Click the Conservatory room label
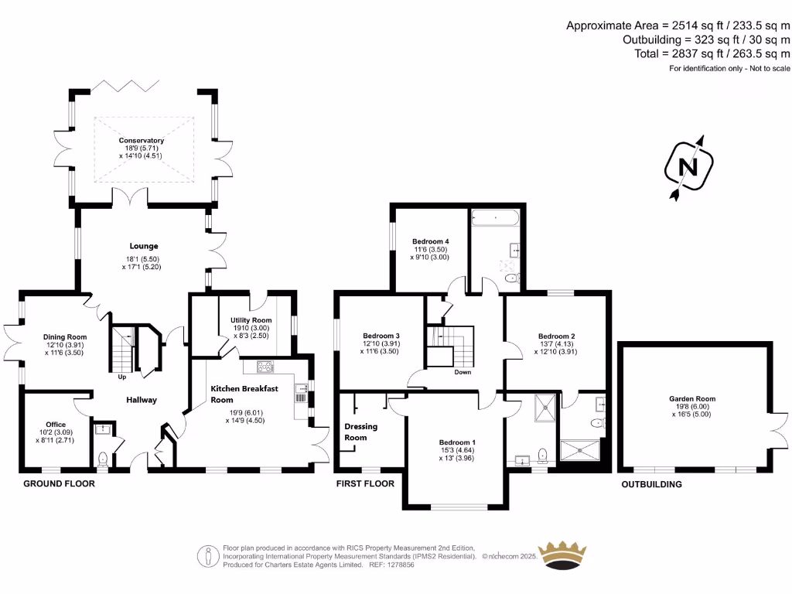[142, 141]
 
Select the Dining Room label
[66, 337]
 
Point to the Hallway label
[142, 400]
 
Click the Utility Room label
[251, 320]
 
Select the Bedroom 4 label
[431, 241]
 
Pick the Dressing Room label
[356, 432]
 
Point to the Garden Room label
[692, 399]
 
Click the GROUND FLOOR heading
[59, 484]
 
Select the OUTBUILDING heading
[652, 485]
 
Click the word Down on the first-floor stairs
[463, 372]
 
